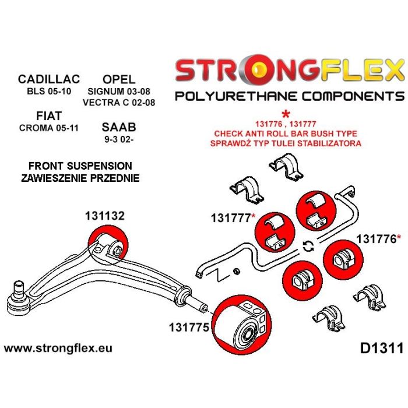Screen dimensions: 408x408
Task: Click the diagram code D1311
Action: point(378,349)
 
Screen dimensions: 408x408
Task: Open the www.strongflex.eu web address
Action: point(58,349)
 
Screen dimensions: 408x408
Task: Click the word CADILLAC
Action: point(48,79)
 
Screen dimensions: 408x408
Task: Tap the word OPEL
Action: point(119,79)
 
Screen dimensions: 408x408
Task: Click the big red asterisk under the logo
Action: point(286,114)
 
